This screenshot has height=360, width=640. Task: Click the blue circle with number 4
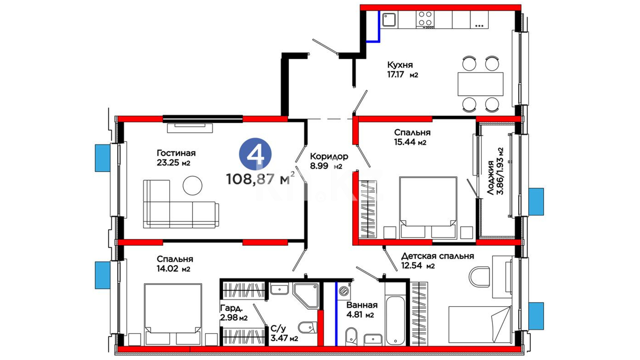coord(255,154)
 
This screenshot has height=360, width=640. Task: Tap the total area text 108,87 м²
coord(260,179)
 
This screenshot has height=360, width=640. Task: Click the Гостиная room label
coord(176,153)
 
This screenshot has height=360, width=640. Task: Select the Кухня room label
coord(400,65)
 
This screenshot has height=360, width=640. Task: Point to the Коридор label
coord(329,156)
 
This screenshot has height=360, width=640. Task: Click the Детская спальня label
coord(437,256)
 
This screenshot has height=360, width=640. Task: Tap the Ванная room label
coord(362,305)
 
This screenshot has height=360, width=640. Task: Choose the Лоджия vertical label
coord(490,178)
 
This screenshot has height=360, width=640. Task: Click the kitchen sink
coord(389,20)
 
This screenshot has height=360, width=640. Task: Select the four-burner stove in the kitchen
coord(425,20)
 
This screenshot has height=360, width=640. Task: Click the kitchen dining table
coord(480,84)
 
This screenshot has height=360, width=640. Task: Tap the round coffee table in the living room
coord(192,185)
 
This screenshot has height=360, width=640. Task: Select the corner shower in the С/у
coord(306,296)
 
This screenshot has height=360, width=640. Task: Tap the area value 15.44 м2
coord(410,142)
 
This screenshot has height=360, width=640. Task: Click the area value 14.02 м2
coord(173,269)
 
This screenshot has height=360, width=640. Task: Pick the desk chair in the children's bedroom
coord(479,277)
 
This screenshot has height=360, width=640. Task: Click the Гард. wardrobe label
coord(231,308)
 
